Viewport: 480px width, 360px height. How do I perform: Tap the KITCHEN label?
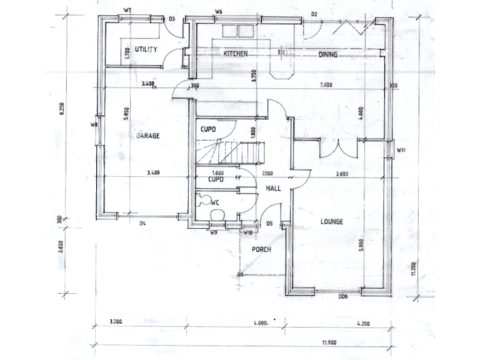click(x=236, y=54)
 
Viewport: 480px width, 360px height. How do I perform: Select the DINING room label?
click(x=327, y=55)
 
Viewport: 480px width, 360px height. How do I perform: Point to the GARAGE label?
click(x=147, y=135)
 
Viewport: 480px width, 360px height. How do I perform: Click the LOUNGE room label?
click(x=332, y=221)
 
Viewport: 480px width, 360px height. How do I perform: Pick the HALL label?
click(x=272, y=187)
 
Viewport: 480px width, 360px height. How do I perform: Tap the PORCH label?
click(x=261, y=250)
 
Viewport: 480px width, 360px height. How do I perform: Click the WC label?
click(x=214, y=202)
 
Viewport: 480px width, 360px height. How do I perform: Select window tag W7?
click(x=127, y=11)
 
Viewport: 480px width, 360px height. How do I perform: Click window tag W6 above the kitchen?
click(x=219, y=12)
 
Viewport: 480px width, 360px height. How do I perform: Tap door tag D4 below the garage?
click(x=142, y=223)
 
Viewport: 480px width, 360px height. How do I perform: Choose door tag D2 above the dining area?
click(x=314, y=13)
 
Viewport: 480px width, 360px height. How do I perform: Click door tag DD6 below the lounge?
click(x=342, y=296)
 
